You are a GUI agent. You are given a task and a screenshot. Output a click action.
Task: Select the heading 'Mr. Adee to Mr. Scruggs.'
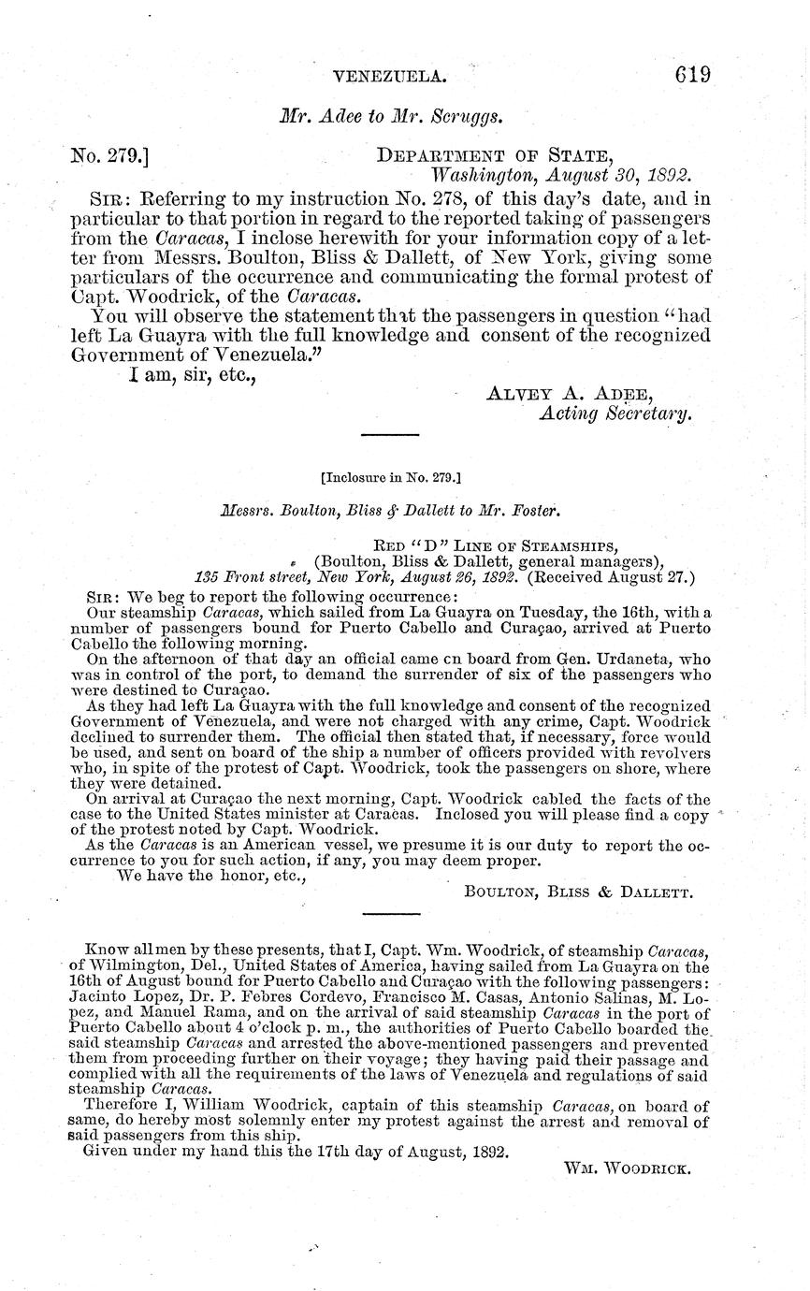[x=392, y=117]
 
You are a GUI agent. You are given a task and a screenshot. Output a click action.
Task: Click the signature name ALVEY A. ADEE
[x=570, y=393]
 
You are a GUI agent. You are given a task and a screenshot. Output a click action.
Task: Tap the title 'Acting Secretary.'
[x=615, y=414]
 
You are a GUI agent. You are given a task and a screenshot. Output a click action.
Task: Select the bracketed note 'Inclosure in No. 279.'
[x=391, y=477]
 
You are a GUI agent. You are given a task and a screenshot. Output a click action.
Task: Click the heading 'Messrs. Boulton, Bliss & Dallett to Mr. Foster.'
[x=391, y=512]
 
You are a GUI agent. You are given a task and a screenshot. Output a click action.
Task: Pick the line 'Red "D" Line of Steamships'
[x=495, y=545]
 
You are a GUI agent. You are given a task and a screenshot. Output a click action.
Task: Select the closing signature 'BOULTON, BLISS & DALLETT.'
[x=578, y=892]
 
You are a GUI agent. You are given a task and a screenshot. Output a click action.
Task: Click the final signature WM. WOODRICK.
[x=627, y=1168]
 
